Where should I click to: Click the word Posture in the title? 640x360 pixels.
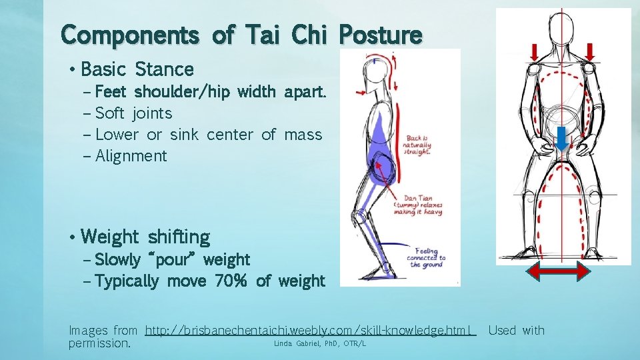pos(380,35)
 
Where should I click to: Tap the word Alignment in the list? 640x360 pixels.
pos(131,156)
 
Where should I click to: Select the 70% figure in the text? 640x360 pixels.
pos(231,281)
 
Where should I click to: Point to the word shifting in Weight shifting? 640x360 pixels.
pos(179,237)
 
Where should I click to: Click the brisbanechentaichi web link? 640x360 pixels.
pos(310,331)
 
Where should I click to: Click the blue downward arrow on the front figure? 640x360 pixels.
pos(562,138)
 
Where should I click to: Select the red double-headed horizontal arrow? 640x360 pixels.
pos(558,271)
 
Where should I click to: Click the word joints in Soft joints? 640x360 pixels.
pos(152,113)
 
